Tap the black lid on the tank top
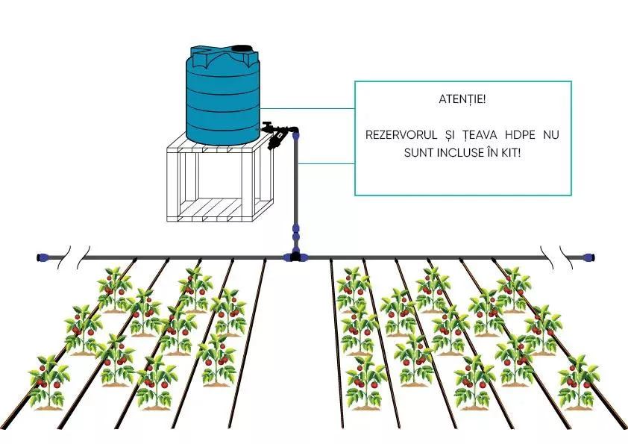point(242,50)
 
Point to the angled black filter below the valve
point(277,140)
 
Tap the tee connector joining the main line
point(296,257)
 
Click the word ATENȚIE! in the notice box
point(462,99)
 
